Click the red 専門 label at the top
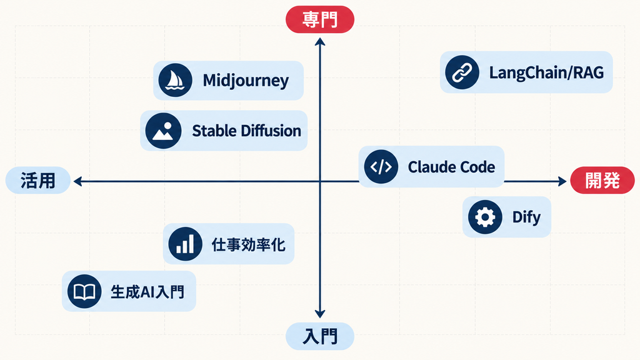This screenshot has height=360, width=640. pos(319,19)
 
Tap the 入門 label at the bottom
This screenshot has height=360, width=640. pos(319,336)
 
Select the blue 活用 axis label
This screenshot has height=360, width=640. pos(38,181)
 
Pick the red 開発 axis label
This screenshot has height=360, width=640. pos(602,181)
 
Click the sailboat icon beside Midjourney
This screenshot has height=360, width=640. pos(175,80)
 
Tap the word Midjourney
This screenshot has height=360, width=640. pos(246,81)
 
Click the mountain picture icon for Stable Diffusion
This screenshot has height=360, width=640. pos(163,131)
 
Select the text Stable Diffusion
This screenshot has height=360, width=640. pos(246,131)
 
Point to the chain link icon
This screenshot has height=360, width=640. pos(462,72)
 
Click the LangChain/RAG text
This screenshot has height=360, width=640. pos(546,72)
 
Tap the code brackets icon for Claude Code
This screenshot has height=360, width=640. pos(381,166)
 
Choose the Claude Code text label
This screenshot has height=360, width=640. pos(451,167)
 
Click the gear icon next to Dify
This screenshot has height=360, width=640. pos(485,217)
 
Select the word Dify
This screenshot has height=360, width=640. pos(526,217)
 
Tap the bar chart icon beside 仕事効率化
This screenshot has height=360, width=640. pos(185,244)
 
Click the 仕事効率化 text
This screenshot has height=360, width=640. pos(249,244)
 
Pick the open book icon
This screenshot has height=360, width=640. pos(84,291)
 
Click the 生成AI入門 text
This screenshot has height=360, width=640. pos(147,292)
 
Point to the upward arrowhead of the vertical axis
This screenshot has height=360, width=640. pos(320,41)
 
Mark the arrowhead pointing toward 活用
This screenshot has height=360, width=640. pos(77,181)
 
